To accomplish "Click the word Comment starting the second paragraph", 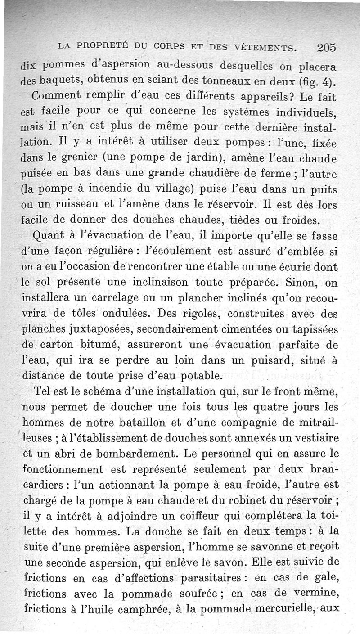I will tap(53, 96).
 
